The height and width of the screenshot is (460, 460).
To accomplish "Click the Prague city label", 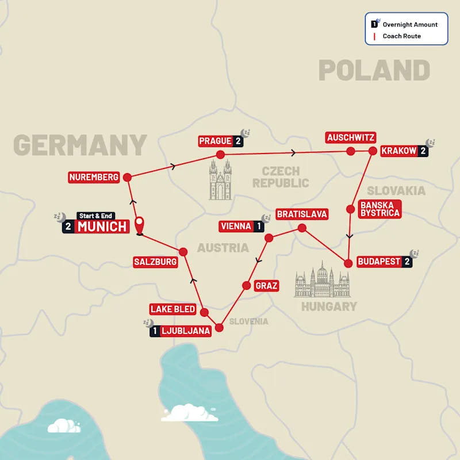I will click(214, 141).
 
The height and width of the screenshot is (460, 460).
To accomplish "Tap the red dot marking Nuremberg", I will click(127, 177).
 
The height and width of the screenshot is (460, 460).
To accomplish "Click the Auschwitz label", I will click(350, 137).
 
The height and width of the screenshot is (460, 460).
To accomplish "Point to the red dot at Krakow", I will click(372, 151).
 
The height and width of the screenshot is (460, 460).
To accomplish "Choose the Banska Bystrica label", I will click(379, 209).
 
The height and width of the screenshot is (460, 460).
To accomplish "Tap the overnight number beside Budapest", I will click(407, 262).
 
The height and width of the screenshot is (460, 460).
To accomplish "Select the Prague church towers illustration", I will click(220, 179).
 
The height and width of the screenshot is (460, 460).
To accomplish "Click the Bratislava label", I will click(302, 214).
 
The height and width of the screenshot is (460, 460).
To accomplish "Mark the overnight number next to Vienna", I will click(260, 227).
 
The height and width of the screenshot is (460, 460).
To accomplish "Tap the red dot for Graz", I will click(246, 285).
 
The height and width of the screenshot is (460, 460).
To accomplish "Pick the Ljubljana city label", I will click(185, 331).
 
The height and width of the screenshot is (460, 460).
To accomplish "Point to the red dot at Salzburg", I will click(183, 251).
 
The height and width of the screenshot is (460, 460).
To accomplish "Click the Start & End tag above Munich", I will click(95, 216).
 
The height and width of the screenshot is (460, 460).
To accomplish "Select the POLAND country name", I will click(374, 71).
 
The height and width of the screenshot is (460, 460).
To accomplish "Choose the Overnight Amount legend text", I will click(410, 25).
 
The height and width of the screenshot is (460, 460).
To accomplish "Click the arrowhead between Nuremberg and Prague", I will click(173, 166).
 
